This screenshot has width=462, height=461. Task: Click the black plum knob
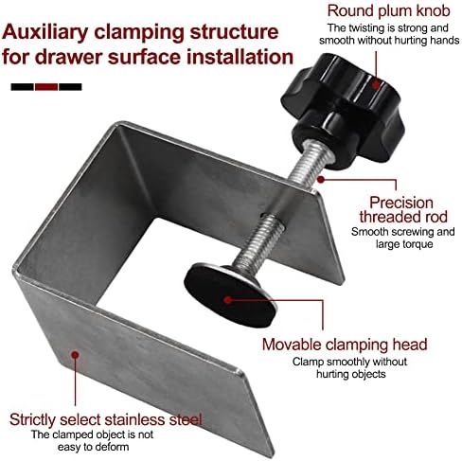[343, 112]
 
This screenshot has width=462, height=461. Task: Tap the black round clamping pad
[230, 295]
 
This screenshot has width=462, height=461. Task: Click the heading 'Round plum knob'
[388, 11]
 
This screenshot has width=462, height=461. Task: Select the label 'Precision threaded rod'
[403, 210]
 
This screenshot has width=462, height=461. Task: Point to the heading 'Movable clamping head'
[345, 345]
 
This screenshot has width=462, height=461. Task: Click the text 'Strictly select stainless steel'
[105, 419]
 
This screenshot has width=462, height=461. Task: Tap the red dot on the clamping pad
[228, 300]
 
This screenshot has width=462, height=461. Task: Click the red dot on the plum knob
[376, 84]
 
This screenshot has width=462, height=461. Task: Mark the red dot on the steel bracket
[75, 355]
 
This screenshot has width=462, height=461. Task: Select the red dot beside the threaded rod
[321, 179]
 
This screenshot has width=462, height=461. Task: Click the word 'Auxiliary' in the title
[44, 33]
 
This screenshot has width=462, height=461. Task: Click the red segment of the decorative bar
[46, 87]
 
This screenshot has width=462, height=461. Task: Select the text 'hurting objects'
[351, 374]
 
